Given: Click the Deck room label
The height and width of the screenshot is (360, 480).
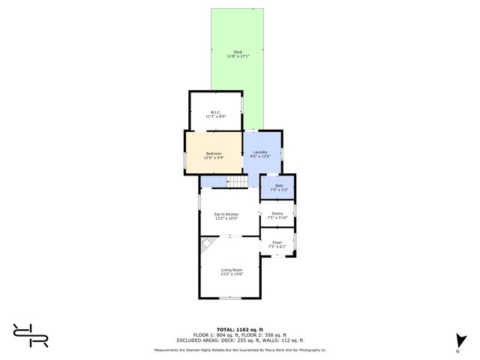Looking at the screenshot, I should pyautogui.click(x=238, y=52).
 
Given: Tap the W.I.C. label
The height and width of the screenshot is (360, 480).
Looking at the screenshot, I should pyautogui.click(x=214, y=112).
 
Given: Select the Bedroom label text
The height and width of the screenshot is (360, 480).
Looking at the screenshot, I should pyautogui.click(x=214, y=153).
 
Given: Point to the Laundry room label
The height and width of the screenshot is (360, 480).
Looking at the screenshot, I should pyautogui.click(x=260, y=152).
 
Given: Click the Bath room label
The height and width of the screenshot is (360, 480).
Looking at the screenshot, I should pyautogui.click(x=279, y=185).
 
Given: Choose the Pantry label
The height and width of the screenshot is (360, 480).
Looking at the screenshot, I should pyautogui.click(x=277, y=214).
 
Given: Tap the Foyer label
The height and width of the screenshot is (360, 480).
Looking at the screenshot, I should pyautogui.click(x=277, y=242).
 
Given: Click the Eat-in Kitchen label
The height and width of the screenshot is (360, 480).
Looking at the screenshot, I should pyautogui.click(x=226, y=214).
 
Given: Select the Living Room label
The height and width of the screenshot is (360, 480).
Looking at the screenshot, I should pyautogui.click(x=232, y=270).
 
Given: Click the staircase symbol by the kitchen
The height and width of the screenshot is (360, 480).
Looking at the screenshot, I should pyautogui.click(x=237, y=182).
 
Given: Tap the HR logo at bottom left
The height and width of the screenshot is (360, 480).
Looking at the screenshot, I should pyautogui.click(x=31, y=335).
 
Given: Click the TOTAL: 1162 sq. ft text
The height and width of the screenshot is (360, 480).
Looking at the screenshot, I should pyautogui.click(x=241, y=329).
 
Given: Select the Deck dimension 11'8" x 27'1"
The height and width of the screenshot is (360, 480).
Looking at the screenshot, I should pyautogui.click(x=238, y=56).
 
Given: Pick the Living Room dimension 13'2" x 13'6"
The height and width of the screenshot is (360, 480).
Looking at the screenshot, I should pyautogui.click(x=232, y=274).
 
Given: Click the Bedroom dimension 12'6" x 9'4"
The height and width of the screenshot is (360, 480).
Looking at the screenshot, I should pyautogui.click(x=214, y=157).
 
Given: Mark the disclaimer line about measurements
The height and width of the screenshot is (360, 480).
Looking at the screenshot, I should pyautogui.click(x=241, y=350).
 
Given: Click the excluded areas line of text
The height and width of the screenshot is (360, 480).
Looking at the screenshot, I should pyautogui.click(x=241, y=340).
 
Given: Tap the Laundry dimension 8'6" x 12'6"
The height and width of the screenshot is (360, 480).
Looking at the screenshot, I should pyautogui.click(x=260, y=157).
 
